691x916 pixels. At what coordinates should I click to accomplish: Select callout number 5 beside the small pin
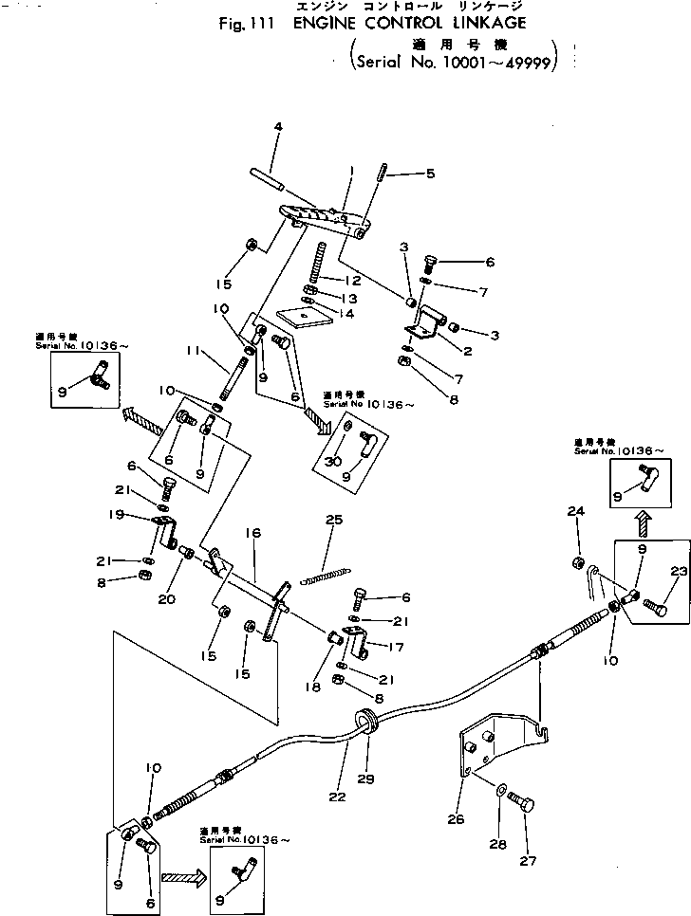click(403, 174)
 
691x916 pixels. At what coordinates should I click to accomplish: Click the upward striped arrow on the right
click(642, 521)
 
